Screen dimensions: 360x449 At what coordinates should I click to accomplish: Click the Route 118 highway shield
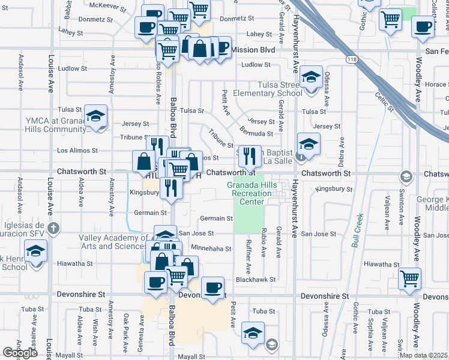(x=352, y=59)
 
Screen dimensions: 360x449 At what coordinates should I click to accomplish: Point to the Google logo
(x=20, y=353)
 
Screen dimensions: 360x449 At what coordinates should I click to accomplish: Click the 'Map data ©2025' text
(x=424, y=355)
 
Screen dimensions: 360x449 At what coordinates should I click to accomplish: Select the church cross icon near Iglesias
(x=53, y=227)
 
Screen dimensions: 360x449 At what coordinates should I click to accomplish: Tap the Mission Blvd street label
(x=253, y=50)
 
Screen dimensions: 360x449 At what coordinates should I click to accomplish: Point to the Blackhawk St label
(x=255, y=280)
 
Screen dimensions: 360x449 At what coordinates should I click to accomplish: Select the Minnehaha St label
(x=211, y=248)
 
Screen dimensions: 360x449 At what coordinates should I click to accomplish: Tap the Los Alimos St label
(x=77, y=150)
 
